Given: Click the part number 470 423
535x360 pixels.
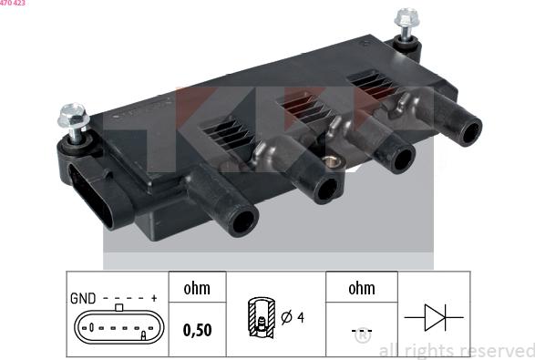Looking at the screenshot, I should tap(13, 4).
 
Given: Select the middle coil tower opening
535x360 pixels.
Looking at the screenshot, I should tap(325, 189).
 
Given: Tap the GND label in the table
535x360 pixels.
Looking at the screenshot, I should tap(83, 298).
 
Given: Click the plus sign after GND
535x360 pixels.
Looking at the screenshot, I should tap(154, 298).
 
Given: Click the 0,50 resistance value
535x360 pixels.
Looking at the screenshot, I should tap(197, 330).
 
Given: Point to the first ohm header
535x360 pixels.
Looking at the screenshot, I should tap(197, 289).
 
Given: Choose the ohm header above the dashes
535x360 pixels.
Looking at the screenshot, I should tap(362, 289).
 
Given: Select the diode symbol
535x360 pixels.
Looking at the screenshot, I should tap(433, 316).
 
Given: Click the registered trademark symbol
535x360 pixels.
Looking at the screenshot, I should tap(362, 336).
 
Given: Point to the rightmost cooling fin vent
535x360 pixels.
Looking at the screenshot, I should tap(373, 84).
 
